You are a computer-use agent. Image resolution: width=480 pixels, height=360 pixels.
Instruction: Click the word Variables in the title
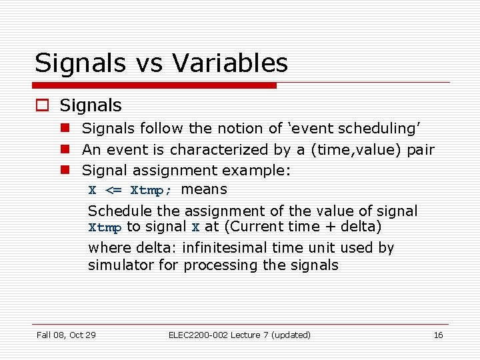point(230,63)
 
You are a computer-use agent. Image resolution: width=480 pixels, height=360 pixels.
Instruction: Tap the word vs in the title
point(150,63)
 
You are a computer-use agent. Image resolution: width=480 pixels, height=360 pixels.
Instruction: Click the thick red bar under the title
point(155,85)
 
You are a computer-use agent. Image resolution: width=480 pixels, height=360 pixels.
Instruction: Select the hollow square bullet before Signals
point(43,106)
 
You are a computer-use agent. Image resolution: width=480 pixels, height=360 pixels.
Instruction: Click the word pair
point(421,150)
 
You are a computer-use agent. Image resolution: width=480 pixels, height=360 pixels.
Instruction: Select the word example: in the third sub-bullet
point(257,171)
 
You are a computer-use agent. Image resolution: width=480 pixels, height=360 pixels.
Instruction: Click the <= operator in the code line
point(113,191)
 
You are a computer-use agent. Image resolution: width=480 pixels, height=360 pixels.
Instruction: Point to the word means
point(204,189)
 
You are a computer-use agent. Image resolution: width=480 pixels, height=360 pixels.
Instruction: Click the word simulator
point(118,265)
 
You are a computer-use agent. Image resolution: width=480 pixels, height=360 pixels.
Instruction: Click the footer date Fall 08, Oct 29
point(66,335)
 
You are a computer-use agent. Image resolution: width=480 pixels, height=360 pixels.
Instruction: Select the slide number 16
point(438,335)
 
